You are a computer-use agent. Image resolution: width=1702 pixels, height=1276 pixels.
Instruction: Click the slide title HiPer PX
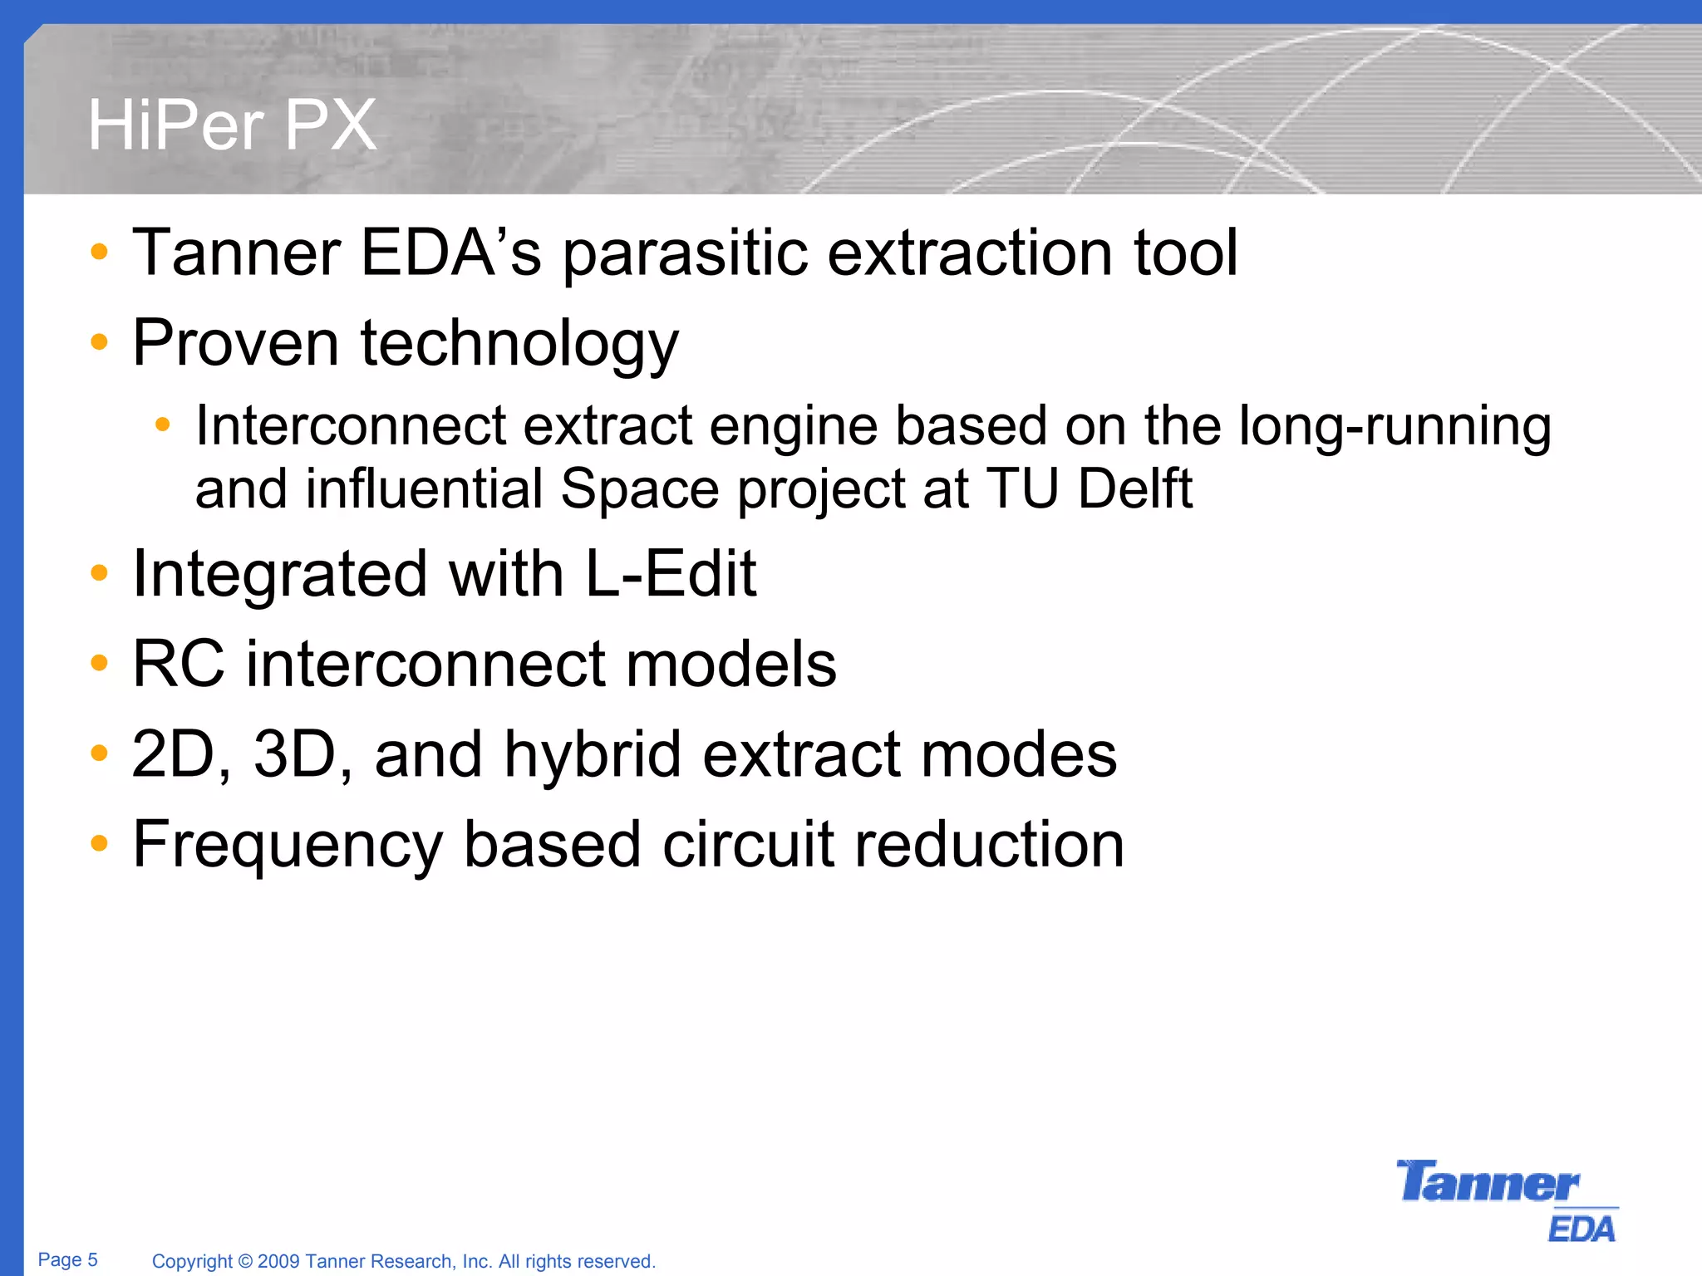click(x=232, y=126)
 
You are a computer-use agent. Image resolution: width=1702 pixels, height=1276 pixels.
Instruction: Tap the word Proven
click(x=235, y=343)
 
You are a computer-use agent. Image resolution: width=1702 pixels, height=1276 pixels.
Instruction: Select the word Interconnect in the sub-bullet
click(x=351, y=426)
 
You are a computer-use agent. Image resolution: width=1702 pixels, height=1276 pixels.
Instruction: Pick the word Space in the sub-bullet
click(x=639, y=490)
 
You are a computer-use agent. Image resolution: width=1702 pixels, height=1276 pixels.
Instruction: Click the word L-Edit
click(x=670, y=574)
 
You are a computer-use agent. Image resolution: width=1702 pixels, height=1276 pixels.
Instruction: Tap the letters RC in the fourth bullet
click(x=179, y=665)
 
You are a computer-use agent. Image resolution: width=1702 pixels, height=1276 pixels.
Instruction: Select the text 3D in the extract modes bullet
click(x=293, y=754)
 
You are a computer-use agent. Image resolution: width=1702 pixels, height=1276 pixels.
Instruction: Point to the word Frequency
click(x=288, y=846)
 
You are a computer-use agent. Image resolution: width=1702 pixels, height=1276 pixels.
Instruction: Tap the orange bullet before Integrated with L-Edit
click(x=99, y=572)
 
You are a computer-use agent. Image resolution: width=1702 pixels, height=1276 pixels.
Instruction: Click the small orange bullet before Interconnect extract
click(x=162, y=425)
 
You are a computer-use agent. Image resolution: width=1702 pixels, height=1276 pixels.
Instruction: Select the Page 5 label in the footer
click(x=67, y=1259)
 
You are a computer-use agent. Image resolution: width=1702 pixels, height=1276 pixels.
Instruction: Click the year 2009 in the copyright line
click(x=278, y=1261)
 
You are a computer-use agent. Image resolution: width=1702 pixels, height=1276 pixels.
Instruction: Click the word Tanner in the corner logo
click(x=1487, y=1183)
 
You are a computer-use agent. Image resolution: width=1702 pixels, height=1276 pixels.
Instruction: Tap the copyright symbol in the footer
click(x=245, y=1261)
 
